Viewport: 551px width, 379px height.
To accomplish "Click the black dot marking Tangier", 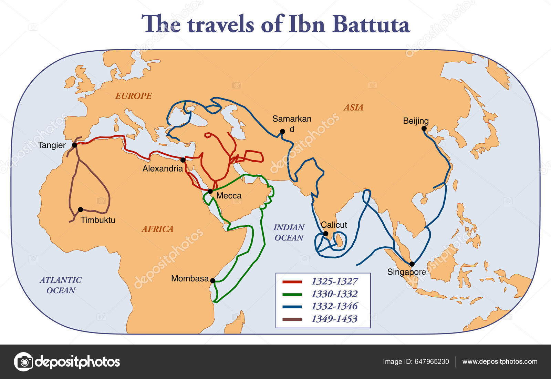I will (x=74, y=145).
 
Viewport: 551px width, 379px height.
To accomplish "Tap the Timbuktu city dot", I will (x=81, y=209).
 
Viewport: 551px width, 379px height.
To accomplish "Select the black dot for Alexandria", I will (x=183, y=160).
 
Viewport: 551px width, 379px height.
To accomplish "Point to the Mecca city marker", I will (x=210, y=191).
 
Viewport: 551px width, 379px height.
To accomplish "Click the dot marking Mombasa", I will (x=213, y=281).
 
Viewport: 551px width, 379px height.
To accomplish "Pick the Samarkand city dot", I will (x=282, y=131).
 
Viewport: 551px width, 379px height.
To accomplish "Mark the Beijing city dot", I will (x=424, y=129).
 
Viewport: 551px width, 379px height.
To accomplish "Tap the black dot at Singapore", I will (x=412, y=264).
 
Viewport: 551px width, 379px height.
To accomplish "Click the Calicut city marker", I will (x=325, y=234).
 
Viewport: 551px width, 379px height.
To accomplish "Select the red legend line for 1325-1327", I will (x=292, y=282).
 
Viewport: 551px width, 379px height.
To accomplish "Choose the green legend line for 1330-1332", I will (x=292, y=294).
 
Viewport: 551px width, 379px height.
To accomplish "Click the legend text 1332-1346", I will (x=334, y=306).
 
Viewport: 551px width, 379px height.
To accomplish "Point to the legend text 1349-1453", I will (x=334, y=319).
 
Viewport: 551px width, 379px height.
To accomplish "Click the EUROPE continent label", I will (x=133, y=96).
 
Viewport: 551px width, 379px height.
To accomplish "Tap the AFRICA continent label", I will (x=157, y=229).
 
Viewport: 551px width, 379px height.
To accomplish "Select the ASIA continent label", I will (x=353, y=107).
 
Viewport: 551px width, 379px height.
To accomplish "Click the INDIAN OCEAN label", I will (x=289, y=232).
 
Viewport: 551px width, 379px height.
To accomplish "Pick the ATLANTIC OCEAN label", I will (x=61, y=285).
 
